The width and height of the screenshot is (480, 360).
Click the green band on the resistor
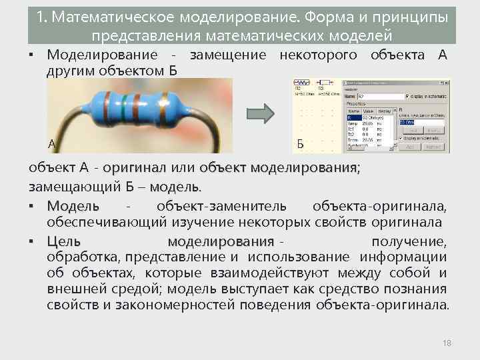tap(125, 101)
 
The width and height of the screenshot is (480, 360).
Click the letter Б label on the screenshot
tap(300, 144)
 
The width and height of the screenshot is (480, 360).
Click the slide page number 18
tap(447, 343)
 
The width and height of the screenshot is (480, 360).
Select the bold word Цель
tap(64, 241)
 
